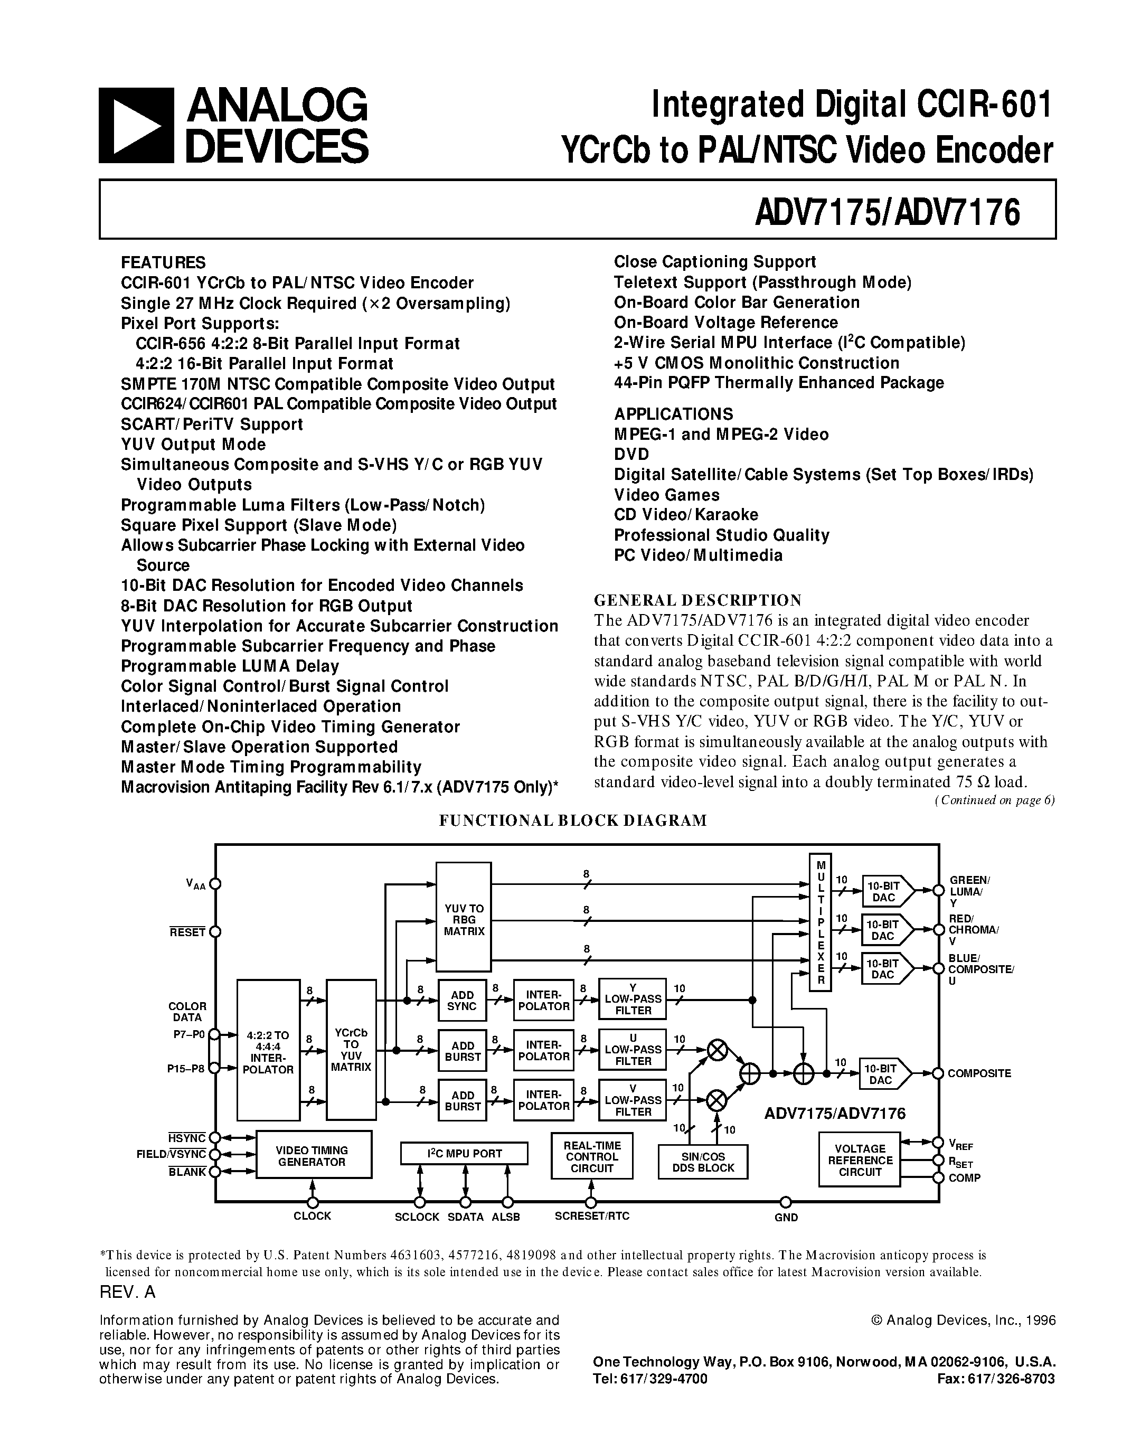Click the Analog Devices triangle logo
pos(137,126)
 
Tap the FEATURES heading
pos(163,262)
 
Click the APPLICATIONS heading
pos(673,413)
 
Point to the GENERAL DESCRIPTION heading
pos(697,600)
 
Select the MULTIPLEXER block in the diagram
pos(820,921)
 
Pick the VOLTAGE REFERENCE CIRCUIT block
pos(860,1159)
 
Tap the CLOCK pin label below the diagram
pos(312,1216)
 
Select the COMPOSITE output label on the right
pos(979,1073)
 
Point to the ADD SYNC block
pos(462,1000)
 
